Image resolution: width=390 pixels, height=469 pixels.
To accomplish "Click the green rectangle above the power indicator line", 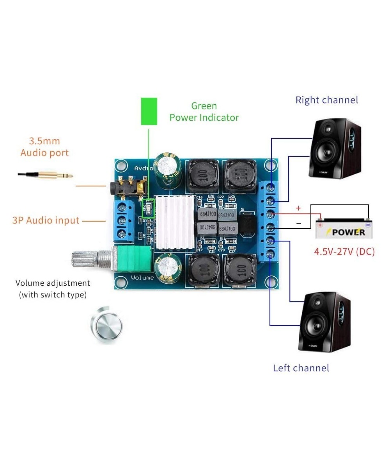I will coord(149,111).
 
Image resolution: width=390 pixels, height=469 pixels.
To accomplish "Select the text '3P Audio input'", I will coord(46,220).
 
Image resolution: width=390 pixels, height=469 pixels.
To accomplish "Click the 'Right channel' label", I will coord(326,100).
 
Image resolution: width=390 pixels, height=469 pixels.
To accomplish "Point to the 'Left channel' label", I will coord(301,368).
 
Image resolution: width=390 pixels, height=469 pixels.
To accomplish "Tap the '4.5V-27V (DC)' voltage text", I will coord(344,251).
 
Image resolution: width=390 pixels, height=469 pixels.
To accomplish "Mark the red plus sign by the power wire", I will coord(298,208).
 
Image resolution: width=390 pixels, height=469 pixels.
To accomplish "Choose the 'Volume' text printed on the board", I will coord(142,277).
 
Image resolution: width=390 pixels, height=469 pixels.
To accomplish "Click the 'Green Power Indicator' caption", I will coord(204,111).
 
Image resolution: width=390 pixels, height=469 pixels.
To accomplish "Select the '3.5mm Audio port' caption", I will coord(44,147).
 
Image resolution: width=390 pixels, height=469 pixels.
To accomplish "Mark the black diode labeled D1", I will coord(247,226).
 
